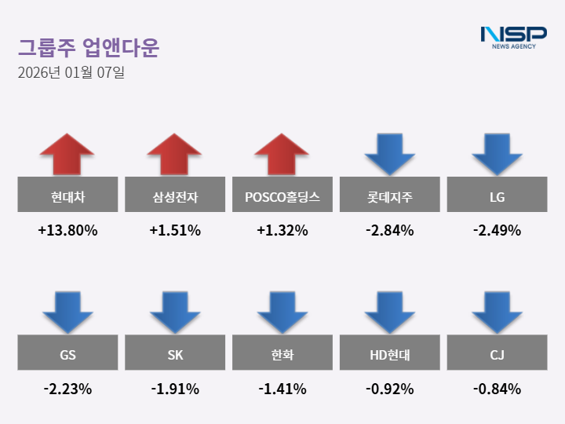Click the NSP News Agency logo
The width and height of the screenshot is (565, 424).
pyautogui.click(x=513, y=37)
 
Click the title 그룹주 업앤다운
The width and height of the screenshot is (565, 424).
pyautogui.click(x=89, y=48)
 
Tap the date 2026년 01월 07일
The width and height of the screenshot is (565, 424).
pyautogui.click(x=71, y=74)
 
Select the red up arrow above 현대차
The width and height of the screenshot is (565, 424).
pyautogui.click(x=67, y=154)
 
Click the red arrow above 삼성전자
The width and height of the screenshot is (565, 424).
pyautogui.click(x=175, y=154)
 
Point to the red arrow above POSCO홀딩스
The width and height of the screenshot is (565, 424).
pyautogui.click(x=282, y=154)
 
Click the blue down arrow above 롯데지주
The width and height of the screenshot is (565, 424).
pyautogui.click(x=389, y=154)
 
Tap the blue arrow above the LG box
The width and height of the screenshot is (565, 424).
pyautogui.click(x=497, y=154)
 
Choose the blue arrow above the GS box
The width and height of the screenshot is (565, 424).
pyautogui.click(x=67, y=312)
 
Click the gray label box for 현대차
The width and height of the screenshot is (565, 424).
pyautogui.click(x=67, y=195)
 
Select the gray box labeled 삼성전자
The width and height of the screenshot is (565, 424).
pyautogui.click(x=175, y=195)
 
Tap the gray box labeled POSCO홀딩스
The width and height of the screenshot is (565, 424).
pyautogui.click(x=282, y=195)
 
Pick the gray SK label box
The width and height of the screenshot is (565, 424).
pyautogui.click(x=175, y=353)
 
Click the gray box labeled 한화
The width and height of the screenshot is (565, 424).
pyautogui.click(x=282, y=353)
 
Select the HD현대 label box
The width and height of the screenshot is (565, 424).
pyautogui.click(x=389, y=353)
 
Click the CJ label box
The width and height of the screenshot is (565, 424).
pyautogui.click(x=497, y=353)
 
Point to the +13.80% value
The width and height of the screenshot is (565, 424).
pyautogui.click(x=67, y=231)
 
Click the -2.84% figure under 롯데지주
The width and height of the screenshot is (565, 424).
pyautogui.click(x=389, y=231)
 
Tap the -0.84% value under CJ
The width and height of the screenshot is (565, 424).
pyautogui.click(x=497, y=389)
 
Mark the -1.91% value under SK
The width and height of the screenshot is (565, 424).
pyautogui.click(x=175, y=389)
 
